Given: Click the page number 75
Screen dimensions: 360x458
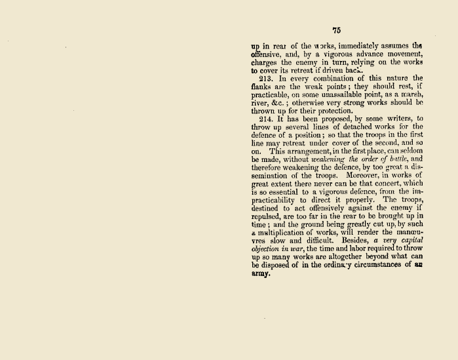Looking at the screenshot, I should coord(337,30).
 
